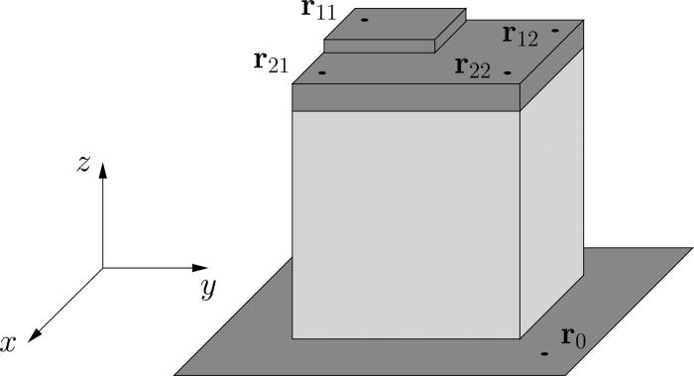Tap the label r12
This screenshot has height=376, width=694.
tap(520, 37)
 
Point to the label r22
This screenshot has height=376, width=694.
tap(473, 66)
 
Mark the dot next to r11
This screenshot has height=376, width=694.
tap(364, 20)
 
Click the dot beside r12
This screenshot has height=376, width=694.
tap(555, 30)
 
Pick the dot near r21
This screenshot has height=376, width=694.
tap(322, 72)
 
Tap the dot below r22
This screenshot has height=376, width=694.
tap(507, 72)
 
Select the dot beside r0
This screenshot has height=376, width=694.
tap(544, 352)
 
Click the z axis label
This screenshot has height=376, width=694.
tap(84, 165)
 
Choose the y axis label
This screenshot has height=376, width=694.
tap(208, 289)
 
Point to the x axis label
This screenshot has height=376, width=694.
tap(11, 343)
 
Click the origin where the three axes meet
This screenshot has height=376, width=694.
tap(103, 268)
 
